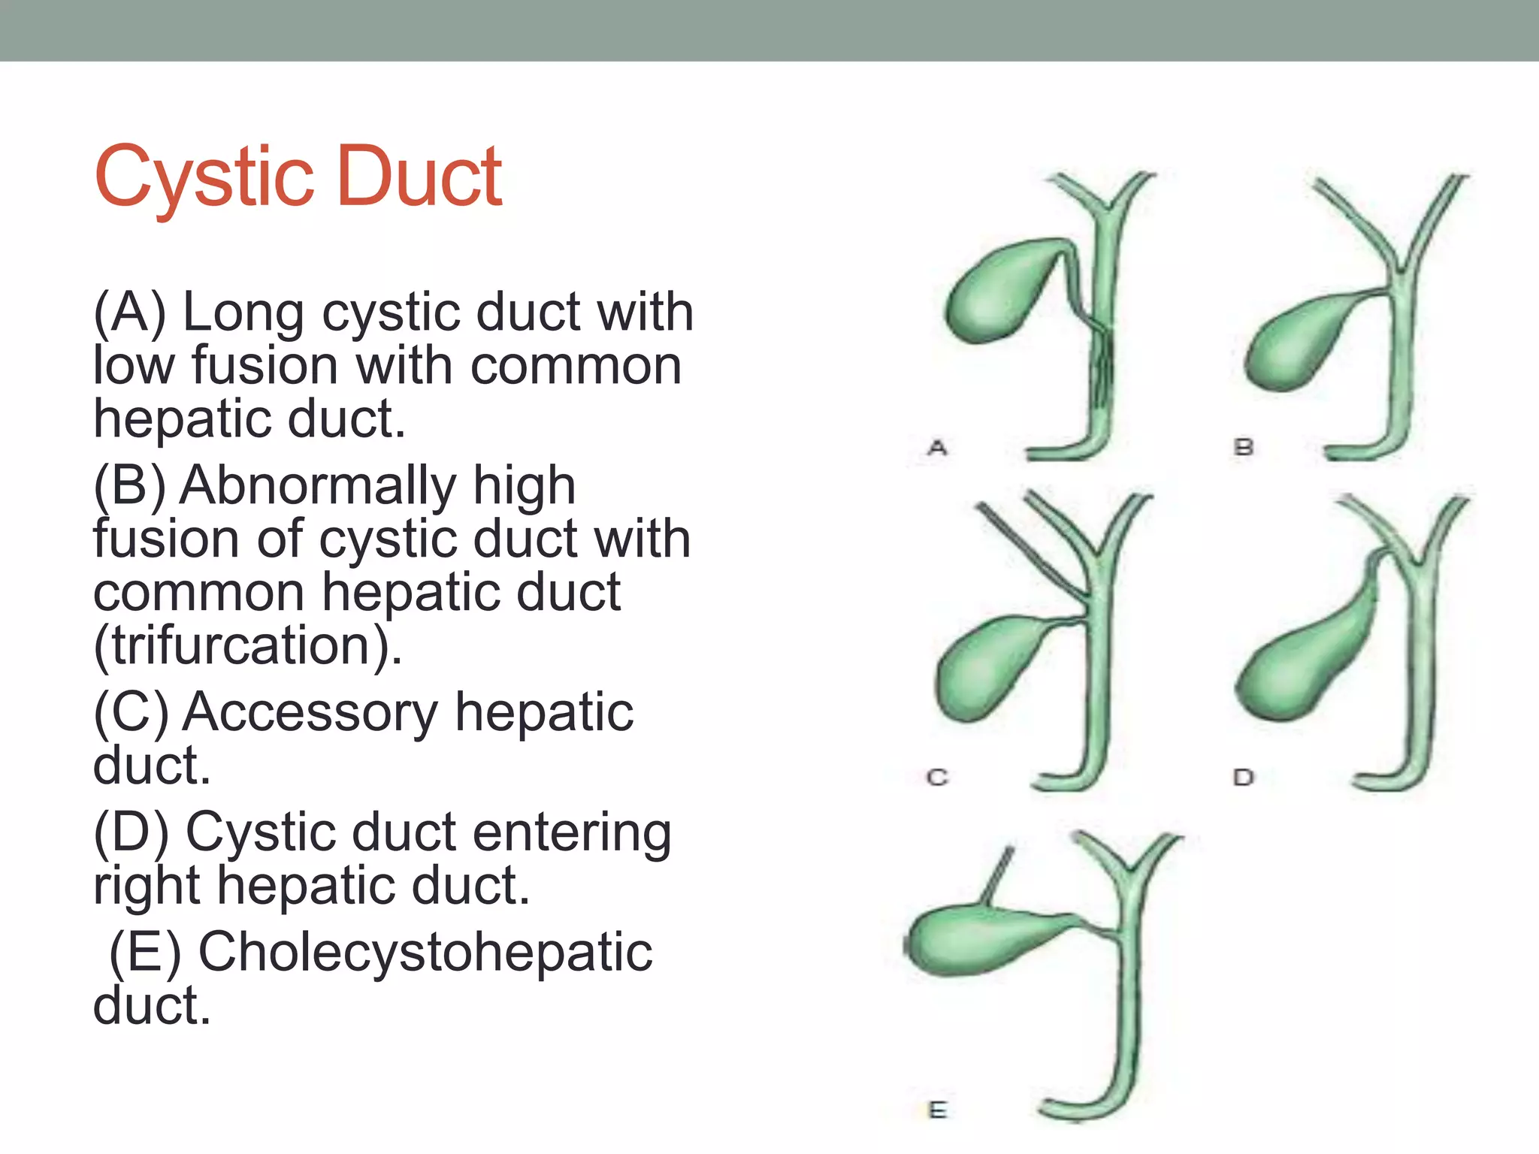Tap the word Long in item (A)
point(243,312)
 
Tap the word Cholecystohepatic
point(425,952)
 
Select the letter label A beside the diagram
point(937,448)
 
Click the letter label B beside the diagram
point(1244,448)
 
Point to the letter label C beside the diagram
point(937,777)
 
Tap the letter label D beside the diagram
point(1244,777)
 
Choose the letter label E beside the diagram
point(937,1110)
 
